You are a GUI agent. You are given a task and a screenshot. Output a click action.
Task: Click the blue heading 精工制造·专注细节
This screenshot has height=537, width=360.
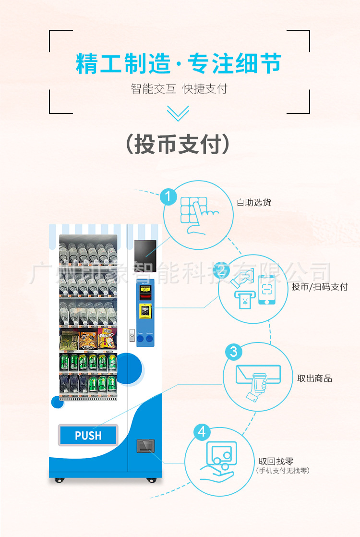179,64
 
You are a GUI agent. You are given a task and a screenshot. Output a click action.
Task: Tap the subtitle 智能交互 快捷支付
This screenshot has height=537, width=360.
179,89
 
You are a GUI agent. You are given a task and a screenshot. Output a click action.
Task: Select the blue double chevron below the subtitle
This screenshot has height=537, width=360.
178,114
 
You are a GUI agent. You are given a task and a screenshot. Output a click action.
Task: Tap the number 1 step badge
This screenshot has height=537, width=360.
168,196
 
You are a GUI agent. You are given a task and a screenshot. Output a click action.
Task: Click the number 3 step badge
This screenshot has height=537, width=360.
233,352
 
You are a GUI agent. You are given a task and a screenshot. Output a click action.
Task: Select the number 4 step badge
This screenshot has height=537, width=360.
202,432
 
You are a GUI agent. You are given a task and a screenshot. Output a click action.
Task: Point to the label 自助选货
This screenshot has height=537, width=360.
254,202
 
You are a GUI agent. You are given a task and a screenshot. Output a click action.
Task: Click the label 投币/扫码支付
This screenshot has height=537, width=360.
319,287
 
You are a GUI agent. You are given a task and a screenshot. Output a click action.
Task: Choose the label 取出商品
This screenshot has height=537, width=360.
314,378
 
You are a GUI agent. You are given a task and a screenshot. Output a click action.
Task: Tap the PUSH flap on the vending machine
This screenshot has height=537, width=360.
88,435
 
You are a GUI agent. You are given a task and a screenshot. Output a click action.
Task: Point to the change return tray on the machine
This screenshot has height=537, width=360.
145,446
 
